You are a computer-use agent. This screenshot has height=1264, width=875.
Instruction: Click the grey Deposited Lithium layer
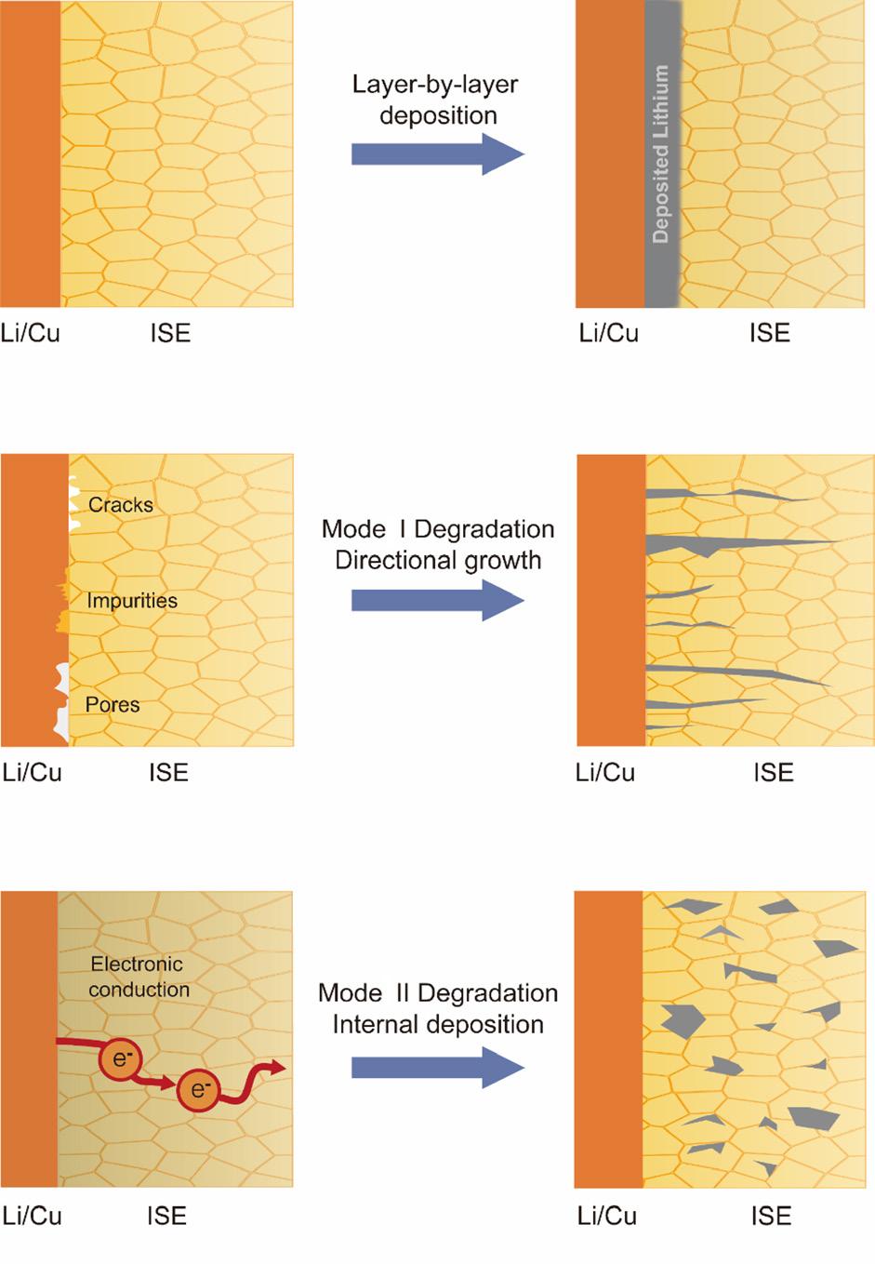pyautogui.click(x=662, y=153)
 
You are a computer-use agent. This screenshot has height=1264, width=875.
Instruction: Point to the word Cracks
pyautogui.click(x=121, y=505)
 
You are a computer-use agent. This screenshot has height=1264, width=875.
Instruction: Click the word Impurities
pyautogui.click(x=132, y=601)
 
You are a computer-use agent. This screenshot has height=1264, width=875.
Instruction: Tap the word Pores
pyautogui.click(x=113, y=704)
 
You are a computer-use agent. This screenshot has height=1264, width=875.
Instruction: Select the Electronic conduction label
pyautogui.click(x=138, y=977)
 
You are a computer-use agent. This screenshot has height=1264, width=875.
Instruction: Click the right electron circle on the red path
pyautogui.click(x=198, y=1089)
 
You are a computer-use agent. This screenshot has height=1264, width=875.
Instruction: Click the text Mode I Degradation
pyautogui.click(x=438, y=529)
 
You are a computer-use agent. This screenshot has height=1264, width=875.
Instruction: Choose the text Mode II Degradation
pyautogui.click(x=438, y=992)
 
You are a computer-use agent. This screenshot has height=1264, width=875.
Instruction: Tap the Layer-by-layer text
pyautogui.click(x=435, y=85)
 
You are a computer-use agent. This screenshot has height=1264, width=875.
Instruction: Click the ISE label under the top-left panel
pyautogui.click(x=170, y=333)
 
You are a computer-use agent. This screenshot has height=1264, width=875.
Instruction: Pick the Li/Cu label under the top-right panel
pyautogui.click(x=608, y=333)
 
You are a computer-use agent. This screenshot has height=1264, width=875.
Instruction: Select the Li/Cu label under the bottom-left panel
pyautogui.click(x=33, y=1216)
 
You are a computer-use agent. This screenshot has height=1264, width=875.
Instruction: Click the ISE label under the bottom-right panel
pyautogui.click(x=771, y=1216)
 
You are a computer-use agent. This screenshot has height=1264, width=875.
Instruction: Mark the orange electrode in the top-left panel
pyautogui.click(x=31, y=153)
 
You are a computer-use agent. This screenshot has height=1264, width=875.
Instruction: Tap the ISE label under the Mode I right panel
pyautogui.click(x=773, y=772)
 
